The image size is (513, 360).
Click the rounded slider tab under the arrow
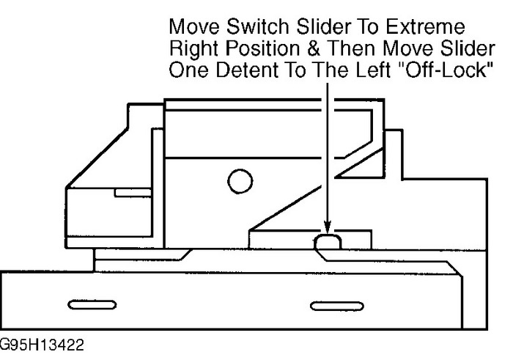[328, 241]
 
